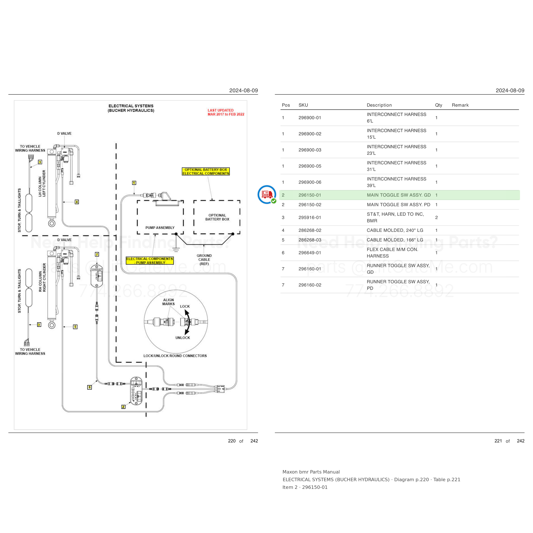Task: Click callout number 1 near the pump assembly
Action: (x=134, y=183)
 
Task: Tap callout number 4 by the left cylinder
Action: (x=77, y=202)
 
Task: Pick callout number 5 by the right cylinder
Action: (x=75, y=327)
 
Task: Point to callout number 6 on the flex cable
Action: (x=89, y=387)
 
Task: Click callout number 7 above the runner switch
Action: (x=97, y=254)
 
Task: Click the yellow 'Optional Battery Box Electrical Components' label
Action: (x=206, y=172)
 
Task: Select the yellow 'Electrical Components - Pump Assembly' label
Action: (x=150, y=261)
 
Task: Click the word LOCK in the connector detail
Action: (x=185, y=307)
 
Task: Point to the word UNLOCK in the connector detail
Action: (x=183, y=338)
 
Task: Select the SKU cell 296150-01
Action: (x=310, y=195)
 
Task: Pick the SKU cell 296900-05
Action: (x=310, y=166)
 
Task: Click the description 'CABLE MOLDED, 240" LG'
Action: (x=395, y=230)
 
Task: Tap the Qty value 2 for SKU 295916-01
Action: (x=436, y=218)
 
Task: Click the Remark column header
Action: (x=460, y=105)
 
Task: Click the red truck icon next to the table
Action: (x=266, y=194)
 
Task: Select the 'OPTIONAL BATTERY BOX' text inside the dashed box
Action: (x=217, y=217)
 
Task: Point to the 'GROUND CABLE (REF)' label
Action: (x=204, y=260)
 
